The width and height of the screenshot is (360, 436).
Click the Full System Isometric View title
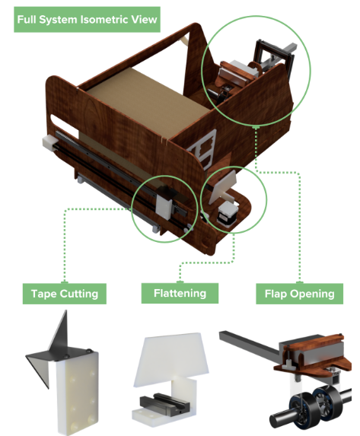87,20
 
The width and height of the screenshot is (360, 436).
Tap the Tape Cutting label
65,294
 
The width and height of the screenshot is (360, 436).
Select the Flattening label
180,293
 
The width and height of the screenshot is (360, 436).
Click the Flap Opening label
299,294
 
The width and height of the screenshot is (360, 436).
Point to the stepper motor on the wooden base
228,213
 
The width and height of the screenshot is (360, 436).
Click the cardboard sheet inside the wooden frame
145,106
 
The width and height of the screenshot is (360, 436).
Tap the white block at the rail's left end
50,142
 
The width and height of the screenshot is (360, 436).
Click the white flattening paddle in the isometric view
222,187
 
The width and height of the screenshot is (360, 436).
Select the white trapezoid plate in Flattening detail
172,358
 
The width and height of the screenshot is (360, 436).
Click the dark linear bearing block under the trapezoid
164,405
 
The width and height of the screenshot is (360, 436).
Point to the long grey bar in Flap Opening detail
249,345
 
